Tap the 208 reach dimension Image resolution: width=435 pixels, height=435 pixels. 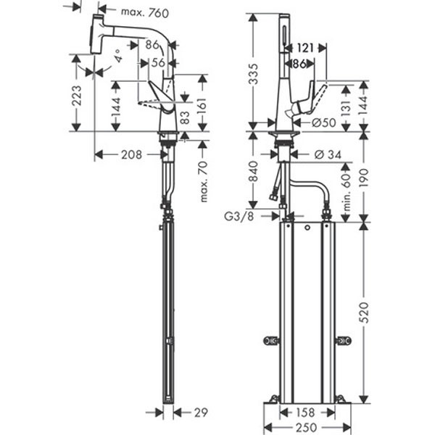coord(131,154)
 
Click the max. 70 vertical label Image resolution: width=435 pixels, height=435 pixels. coord(202,181)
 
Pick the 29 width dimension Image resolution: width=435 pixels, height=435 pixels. coord(200,413)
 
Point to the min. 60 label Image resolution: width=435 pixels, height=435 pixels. coord(347,190)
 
